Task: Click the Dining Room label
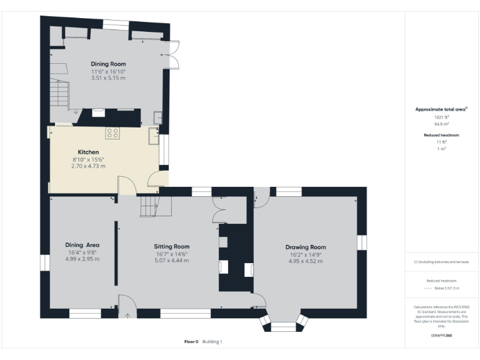coord(108,64)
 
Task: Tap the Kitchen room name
coord(88,152)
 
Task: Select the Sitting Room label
coord(172,246)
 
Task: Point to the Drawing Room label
coord(306,247)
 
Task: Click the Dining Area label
coord(83,245)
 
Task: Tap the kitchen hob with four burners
coord(113,132)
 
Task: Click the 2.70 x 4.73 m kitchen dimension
coord(88,166)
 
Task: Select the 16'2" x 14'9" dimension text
coord(306,254)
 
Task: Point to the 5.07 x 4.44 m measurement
coord(172,261)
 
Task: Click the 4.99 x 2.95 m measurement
coord(83,259)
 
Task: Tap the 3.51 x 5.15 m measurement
coord(108,78)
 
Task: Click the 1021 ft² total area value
coord(441,117)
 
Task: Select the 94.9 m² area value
coord(441,124)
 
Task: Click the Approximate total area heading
coord(441,109)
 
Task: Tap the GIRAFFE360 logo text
coord(441,336)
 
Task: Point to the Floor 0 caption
coord(191,342)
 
